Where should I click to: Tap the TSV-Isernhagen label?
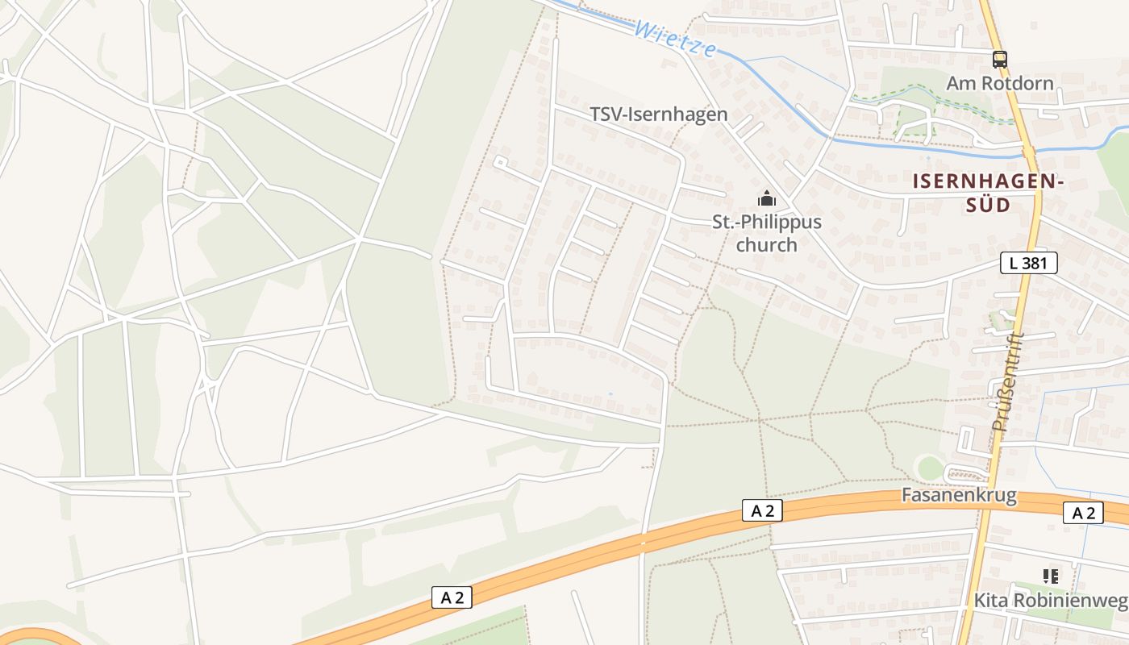point(658,114)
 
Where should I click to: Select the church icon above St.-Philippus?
point(766,198)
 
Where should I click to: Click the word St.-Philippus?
point(766,223)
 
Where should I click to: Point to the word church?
point(766,244)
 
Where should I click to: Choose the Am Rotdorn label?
point(999,83)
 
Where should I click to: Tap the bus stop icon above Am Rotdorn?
point(999,59)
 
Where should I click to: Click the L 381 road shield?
point(1028,263)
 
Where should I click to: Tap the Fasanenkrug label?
point(959,495)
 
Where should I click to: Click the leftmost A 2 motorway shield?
point(452,597)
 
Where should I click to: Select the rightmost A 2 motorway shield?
point(1083,513)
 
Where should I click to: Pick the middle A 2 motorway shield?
point(761,510)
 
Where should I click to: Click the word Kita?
point(991,601)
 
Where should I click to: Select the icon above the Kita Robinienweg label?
point(1050,576)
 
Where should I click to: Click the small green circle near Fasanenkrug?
point(930,468)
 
